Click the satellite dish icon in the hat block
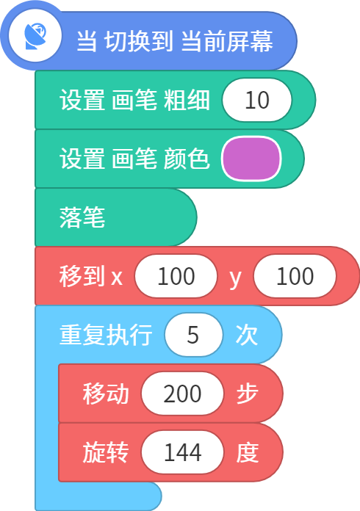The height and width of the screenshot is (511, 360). pyautogui.click(x=35, y=36)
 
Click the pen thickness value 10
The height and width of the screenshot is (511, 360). pyautogui.click(x=257, y=100)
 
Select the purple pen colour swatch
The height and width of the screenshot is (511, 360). pyautogui.click(x=251, y=159)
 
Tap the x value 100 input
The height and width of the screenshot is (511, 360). pyautogui.click(x=176, y=276)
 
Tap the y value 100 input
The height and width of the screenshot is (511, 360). pyautogui.click(x=295, y=276)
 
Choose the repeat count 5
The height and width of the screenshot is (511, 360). pyautogui.click(x=193, y=335)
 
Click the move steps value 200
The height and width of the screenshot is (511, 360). pyautogui.click(x=182, y=394)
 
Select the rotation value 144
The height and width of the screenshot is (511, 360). pyautogui.click(x=182, y=452)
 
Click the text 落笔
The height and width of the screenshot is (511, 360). pyautogui.click(x=82, y=217)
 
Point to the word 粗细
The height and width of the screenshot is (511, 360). pyautogui.click(x=187, y=100)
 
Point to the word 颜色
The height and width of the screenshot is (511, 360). pyautogui.click(x=187, y=159)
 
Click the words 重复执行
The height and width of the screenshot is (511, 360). pyautogui.click(x=106, y=335)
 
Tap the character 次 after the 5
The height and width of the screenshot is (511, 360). pyautogui.click(x=247, y=335)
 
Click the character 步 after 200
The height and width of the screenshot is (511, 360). pyautogui.click(x=248, y=394)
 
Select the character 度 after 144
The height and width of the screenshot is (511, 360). pyautogui.click(x=248, y=452)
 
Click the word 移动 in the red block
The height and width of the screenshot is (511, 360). pyautogui.click(x=106, y=394)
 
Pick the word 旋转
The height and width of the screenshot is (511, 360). pyautogui.click(x=106, y=452)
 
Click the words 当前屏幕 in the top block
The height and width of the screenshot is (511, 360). pyautogui.click(x=227, y=41)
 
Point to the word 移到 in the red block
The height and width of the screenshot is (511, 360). pyautogui.click(x=82, y=276)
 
